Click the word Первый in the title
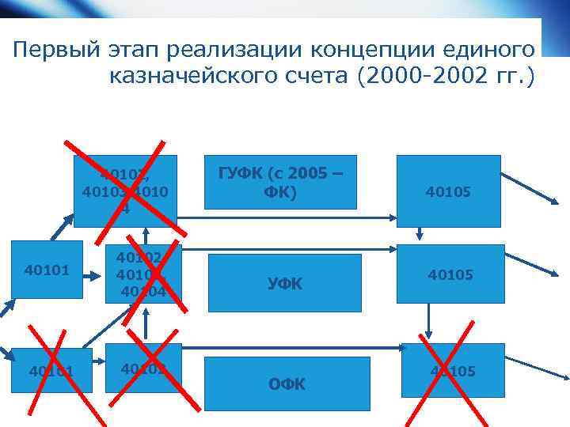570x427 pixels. pyautogui.click(x=55, y=50)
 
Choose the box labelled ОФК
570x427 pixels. pyautogui.click(x=286, y=385)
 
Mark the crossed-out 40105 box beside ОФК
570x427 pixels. pyautogui.click(x=452, y=371)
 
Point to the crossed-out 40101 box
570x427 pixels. pyautogui.click(x=51, y=371)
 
